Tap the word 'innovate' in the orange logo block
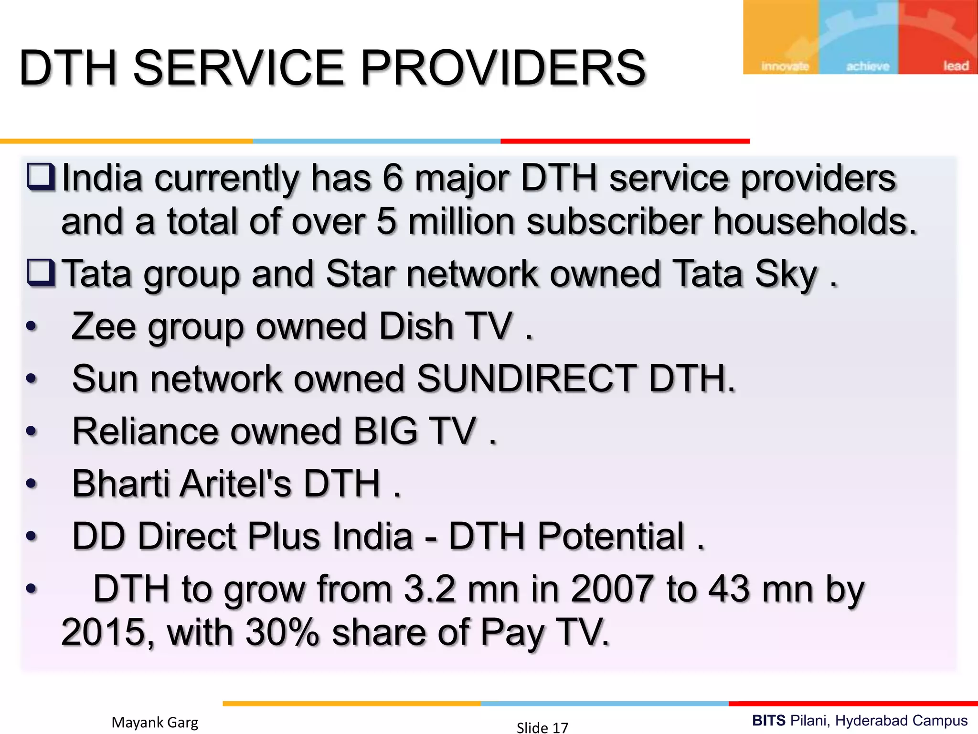click(785, 66)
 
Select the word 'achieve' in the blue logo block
click(868, 66)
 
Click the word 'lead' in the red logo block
click(956, 65)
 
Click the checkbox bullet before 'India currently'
click(41, 177)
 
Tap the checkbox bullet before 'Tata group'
click(41, 273)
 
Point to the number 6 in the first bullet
click(393, 178)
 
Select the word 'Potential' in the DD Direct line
click(611, 536)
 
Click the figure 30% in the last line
click(282, 632)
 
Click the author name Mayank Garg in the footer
click(155, 723)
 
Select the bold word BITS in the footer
click(769, 721)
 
